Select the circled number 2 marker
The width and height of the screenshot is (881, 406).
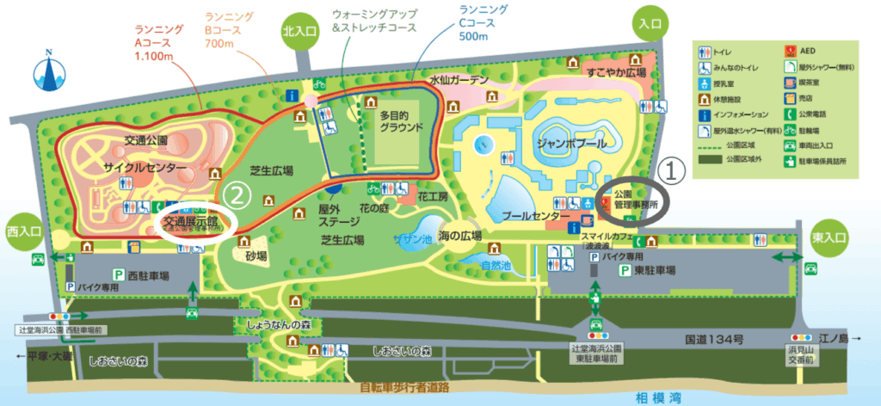click(x=242, y=196)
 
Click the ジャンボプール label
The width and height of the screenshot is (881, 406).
click(x=570, y=142)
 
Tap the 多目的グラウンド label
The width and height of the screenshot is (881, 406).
click(x=403, y=120)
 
